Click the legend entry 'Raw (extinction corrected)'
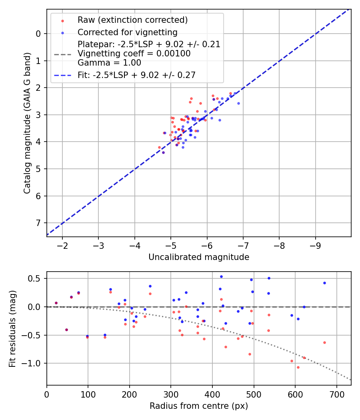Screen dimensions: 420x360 click(x=132, y=20)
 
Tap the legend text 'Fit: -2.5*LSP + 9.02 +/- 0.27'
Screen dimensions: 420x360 click(x=136, y=75)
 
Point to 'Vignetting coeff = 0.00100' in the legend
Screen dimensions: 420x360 click(x=134, y=54)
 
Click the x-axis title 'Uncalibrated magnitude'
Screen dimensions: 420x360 click(x=199, y=257)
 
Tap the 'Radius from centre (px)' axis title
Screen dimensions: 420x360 click(x=199, y=406)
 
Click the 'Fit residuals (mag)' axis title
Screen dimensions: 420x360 click(x=12, y=328)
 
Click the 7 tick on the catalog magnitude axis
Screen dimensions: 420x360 click(x=38, y=223)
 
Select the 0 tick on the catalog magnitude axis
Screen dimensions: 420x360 click(x=38, y=34)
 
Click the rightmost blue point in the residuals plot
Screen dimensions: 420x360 click(x=324, y=283)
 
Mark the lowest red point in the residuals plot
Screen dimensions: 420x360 click(x=298, y=367)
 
